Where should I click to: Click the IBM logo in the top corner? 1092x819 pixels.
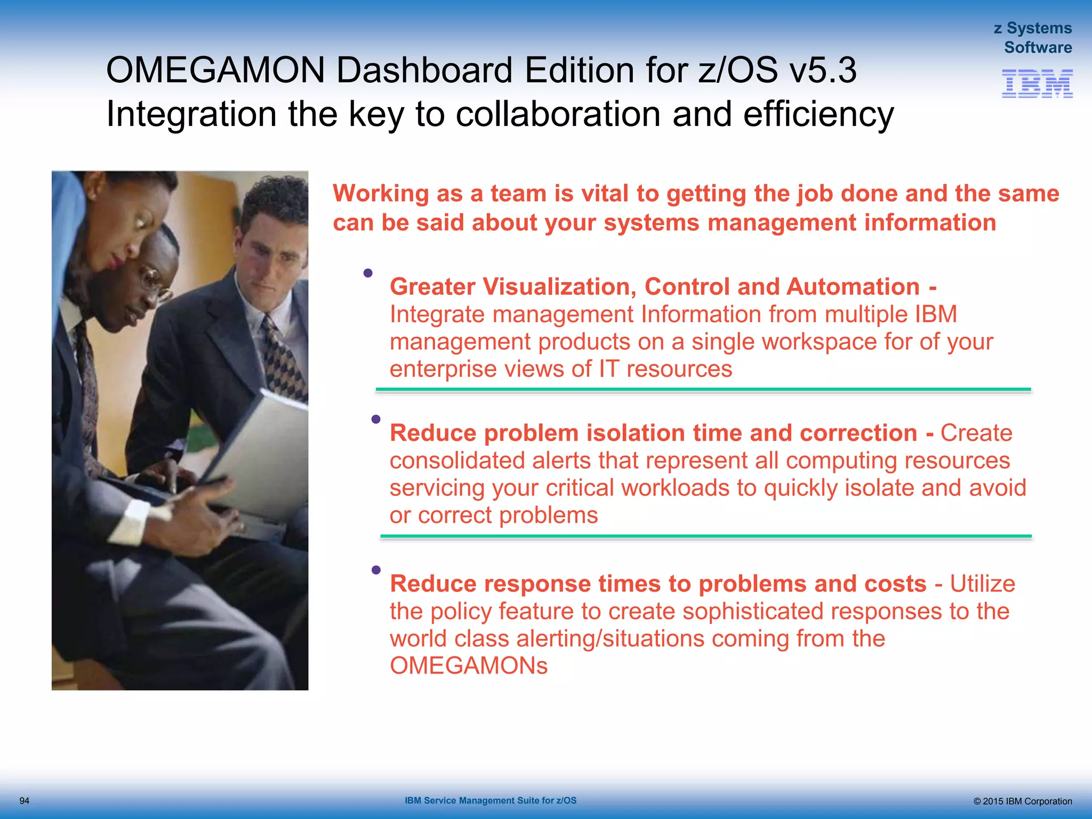(1037, 84)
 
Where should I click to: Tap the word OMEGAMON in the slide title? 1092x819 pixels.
(215, 70)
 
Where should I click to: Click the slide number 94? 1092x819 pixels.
(25, 801)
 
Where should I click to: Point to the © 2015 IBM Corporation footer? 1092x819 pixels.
(1022, 801)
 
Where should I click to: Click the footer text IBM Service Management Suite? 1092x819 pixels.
(490, 800)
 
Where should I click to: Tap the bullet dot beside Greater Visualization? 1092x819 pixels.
(368, 273)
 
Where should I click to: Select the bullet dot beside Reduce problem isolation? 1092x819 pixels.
(376, 419)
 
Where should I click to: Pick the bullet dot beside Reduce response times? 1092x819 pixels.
(376, 570)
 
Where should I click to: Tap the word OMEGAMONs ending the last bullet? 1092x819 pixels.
(469, 666)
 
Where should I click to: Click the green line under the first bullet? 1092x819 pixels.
(703, 390)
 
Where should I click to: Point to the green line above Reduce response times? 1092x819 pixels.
(706, 536)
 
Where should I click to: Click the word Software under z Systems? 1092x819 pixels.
(1038, 47)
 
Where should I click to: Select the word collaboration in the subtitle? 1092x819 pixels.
(558, 114)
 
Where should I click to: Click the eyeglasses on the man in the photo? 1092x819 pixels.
(155, 282)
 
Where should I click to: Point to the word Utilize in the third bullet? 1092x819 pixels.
(982, 584)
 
